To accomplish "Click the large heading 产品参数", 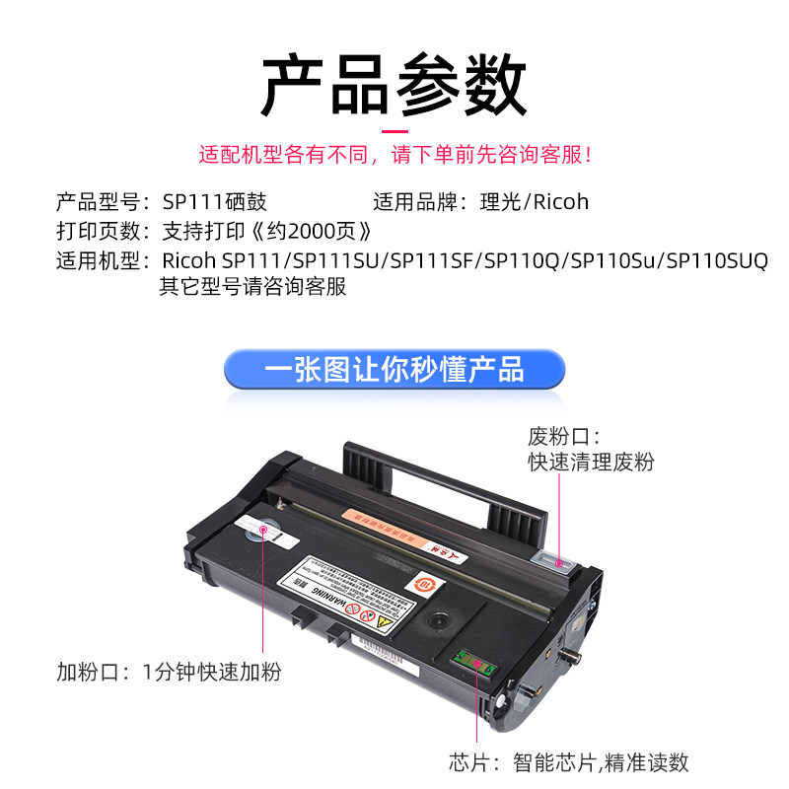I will [394, 84].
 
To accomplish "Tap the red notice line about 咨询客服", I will [394, 155].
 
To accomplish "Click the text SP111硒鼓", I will [214, 202].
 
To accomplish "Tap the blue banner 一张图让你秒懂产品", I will [394, 369].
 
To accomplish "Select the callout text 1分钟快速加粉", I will [212, 673].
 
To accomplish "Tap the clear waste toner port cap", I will [559, 564].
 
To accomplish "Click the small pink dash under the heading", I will [394, 129].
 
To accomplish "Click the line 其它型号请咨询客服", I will [253, 288].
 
